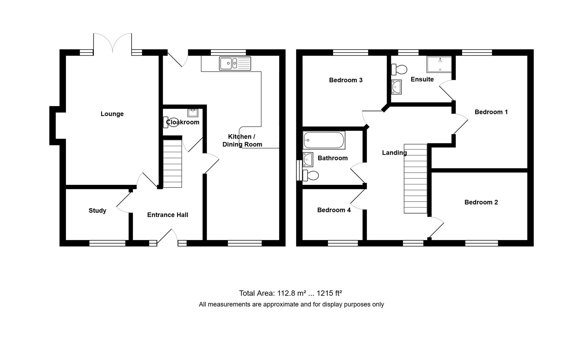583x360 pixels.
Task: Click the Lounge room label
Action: tap(112, 114)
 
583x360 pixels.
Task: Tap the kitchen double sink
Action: tap(235, 63)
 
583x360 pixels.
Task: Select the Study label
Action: tap(97, 211)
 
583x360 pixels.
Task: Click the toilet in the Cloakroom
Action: tap(170, 122)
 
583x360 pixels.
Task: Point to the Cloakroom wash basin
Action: tap(193, 113)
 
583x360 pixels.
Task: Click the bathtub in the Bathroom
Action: tap(324, 140)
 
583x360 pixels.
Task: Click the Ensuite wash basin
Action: tap(396, 87)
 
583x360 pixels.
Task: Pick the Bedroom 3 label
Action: tap(346, 80)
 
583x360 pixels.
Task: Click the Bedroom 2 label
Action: tap(481, 202)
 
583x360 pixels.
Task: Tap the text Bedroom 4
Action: tap(334, 210)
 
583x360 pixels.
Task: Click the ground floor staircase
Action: tap(172, 164)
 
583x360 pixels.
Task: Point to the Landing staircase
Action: tap(415, 179)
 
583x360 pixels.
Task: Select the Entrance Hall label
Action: tap(168, 215)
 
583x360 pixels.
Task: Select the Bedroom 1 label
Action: tap(491, 112)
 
